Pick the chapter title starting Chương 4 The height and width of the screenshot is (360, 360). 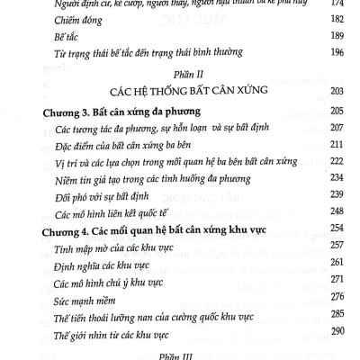click(150, 229)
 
